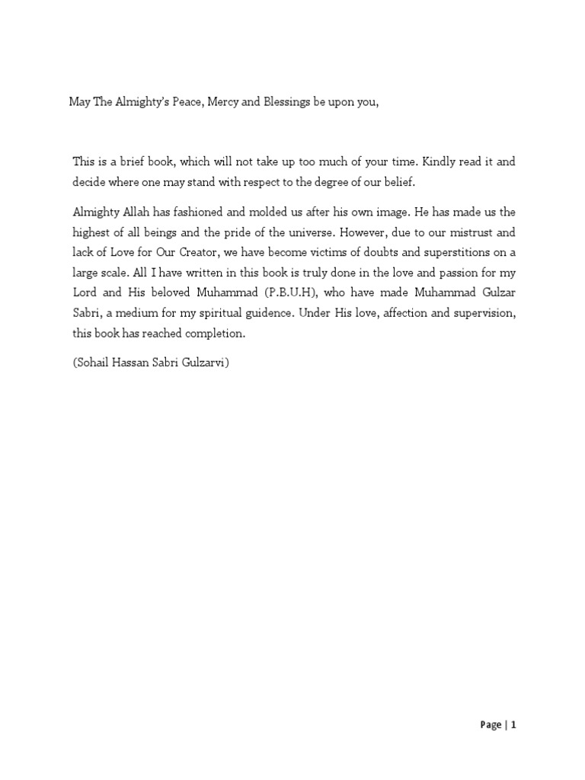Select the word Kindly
coord(424,162)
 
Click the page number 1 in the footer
coord(514,725)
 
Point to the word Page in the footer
coord(491,725)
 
